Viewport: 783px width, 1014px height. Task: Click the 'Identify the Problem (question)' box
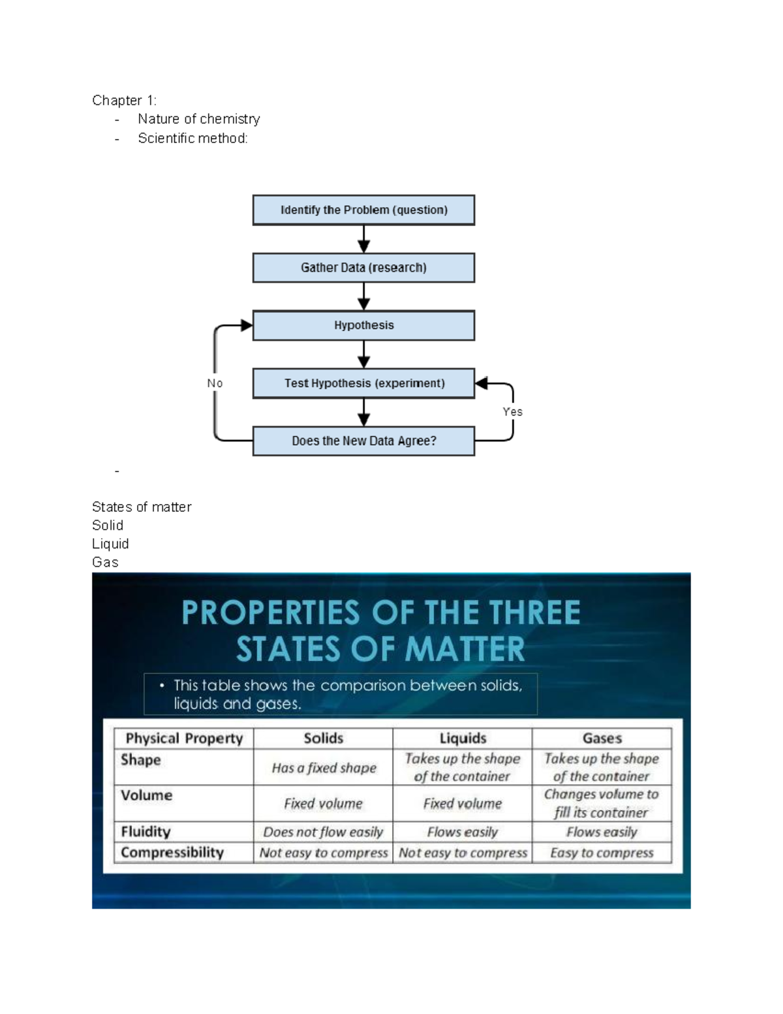pos(363,210)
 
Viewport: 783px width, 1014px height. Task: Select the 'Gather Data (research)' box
pos(363,268)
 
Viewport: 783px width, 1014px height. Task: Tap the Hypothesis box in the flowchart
pos(363,325)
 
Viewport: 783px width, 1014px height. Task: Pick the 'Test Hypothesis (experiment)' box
pos(363,383)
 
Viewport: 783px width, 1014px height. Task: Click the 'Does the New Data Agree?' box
pos(363,441)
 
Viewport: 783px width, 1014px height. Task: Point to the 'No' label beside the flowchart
pos(215,383)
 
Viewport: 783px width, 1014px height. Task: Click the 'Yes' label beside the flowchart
pos(512,412)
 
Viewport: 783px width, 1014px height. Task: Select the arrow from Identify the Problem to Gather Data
pos(364,239)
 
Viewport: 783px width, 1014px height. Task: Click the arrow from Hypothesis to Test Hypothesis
pos(364,355)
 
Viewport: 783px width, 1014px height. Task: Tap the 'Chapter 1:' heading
pos(124,101)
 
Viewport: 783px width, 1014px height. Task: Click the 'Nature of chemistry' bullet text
pos(198,119)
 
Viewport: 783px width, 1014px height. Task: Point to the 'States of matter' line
pos(142,507)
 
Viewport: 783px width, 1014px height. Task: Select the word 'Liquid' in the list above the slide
pos(110,544)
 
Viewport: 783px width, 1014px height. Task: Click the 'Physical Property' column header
pos(184,738)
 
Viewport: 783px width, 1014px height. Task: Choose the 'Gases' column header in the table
pos(602,738)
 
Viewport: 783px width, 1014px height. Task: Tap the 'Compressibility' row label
pos(172,853)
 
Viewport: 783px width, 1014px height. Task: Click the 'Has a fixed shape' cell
pos(324,768)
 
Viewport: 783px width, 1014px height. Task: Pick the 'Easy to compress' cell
pos(602,853)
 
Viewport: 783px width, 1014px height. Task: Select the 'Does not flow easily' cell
pos(323,832)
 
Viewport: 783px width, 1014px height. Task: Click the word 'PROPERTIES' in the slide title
pos(271,613)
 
